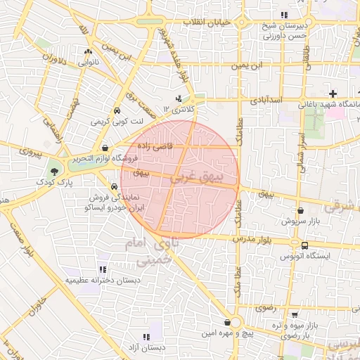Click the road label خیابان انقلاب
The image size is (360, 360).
(207, 22)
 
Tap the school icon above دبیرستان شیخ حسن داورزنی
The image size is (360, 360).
(284, 15)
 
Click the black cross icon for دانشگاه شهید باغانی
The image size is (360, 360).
(333, 94)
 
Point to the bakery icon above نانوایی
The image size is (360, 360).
(88, 52)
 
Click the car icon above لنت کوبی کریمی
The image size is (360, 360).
(116, 111)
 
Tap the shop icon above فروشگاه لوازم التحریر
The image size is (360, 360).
(105, 148)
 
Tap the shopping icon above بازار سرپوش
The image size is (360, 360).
(301, 210)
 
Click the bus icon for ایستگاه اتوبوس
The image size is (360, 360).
(304, 245)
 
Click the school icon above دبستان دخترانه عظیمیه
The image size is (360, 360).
(103, 269)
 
